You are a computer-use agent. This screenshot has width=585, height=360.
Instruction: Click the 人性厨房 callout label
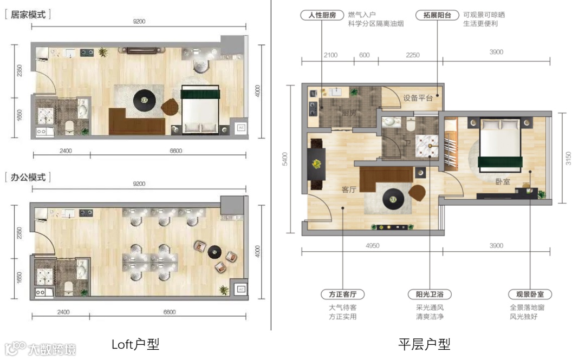pos(322,15)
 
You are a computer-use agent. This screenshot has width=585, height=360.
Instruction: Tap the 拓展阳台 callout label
pos(437,15)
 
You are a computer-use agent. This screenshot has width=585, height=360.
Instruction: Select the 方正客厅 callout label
pos(342,294)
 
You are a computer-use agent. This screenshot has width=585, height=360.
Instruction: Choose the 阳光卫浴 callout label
pos(430,294)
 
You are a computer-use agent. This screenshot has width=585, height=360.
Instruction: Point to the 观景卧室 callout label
pos(530,294)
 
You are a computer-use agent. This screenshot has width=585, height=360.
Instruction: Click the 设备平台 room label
pos(418,98)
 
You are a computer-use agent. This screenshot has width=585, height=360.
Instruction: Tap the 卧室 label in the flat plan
pos(503,182)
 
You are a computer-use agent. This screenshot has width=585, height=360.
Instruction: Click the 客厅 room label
pos(349,189)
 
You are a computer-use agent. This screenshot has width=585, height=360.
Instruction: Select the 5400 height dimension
pos(285,159)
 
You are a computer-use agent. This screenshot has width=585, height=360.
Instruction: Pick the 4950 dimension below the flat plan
pos(372,245)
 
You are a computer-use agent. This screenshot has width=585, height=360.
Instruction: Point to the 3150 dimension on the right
pos(568,159)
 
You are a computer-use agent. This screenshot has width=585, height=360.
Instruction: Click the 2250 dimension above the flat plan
pos(413,55)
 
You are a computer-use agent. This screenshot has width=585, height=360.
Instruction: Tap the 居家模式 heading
pos(28,15)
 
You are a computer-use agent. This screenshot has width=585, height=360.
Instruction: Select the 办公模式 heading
pos(28,177)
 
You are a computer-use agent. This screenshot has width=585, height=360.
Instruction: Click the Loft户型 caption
pos(135,344)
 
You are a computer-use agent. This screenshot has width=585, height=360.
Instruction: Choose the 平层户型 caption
pos(424,344)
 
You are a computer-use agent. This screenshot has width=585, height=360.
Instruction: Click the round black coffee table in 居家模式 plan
pos(145,100)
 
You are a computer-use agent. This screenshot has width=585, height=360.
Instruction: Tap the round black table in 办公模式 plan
pos(214,252)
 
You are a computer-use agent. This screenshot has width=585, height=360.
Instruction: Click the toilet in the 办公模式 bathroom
pos(69,287)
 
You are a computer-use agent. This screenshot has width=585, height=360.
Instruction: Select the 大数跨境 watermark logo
pos(40,349)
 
